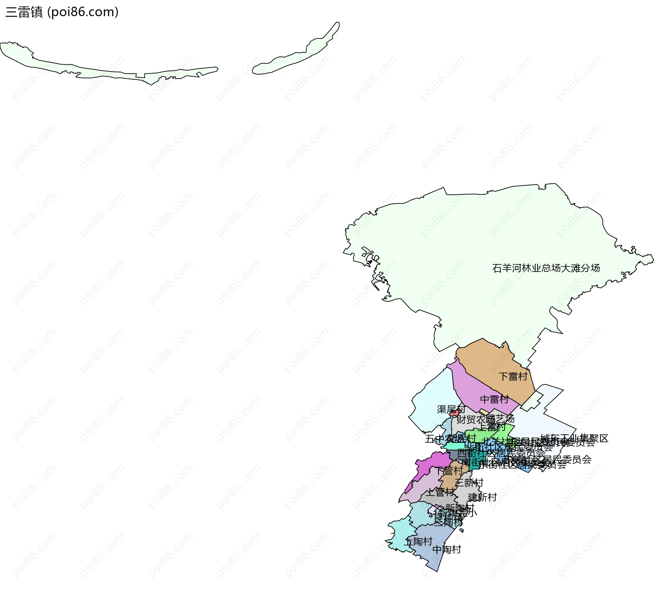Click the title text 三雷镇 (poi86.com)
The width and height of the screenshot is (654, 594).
[62, 12]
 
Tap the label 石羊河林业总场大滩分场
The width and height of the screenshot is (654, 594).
[546, 268]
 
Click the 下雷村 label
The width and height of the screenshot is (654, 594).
[513, 376]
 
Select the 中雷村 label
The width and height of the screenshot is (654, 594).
[494, 399]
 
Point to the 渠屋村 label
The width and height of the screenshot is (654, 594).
[451, 409]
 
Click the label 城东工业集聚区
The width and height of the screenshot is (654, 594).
[574, 438]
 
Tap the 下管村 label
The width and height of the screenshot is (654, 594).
[449, 471]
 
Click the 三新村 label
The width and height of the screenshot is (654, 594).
[469, 483]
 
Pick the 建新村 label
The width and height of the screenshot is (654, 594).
[482, 497]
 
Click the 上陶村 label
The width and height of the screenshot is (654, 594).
[418, 541]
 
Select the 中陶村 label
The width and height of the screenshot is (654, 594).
[447, 549]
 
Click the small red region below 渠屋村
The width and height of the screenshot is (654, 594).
[454, 413]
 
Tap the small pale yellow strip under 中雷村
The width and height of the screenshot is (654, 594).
[484, 412]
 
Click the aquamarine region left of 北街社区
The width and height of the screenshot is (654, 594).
[454, 446]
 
